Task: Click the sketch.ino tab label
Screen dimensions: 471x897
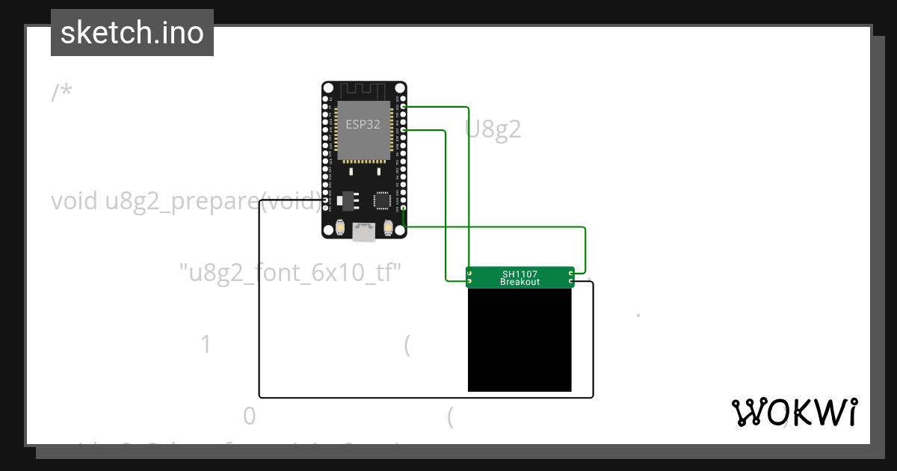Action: click(x=132, y=33)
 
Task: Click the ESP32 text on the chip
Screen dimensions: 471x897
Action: click(x=363, y=124)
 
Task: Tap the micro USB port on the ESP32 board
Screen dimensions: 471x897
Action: click(x=364, y=233)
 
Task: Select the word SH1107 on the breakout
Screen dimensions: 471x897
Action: click(x=520, y=274)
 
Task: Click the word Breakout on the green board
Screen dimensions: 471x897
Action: click(x=520, y=282)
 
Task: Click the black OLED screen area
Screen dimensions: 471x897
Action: click(x=520, y=340)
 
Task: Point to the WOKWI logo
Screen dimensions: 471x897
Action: click(x=794, y=412)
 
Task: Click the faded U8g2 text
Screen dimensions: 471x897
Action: click(x=493, y=129)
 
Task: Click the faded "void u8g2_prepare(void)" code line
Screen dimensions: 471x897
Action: click(x=187, y=201)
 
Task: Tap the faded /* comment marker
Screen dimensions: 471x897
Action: click(x=61, y=93)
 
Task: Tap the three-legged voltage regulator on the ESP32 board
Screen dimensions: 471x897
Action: click(x=348, y=201)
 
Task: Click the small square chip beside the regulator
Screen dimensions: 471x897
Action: click(x=382, y=200)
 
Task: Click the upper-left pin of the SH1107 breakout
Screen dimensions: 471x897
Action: click(x=469, y=274)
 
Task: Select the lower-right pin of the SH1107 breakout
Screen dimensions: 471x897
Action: click(x=571, y=282)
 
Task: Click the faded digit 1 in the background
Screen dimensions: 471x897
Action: click(x=206, y=345)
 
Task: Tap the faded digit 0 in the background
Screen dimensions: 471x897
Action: click(x=250, y=416)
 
